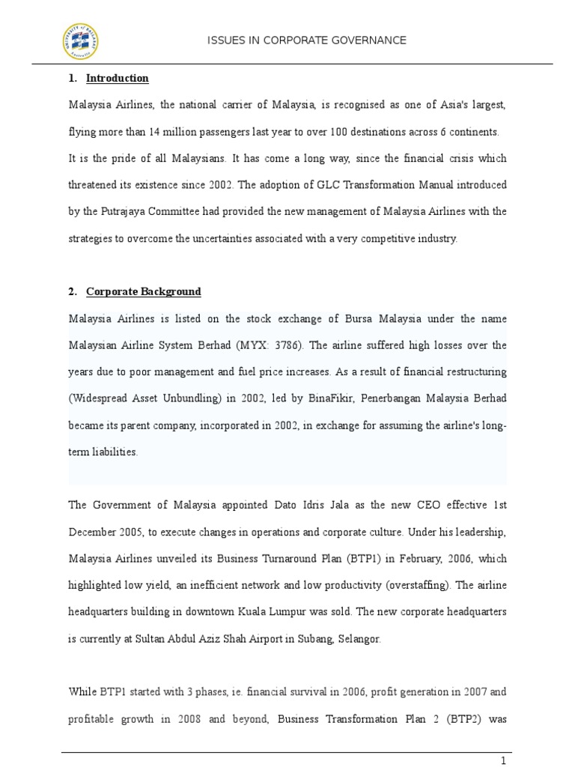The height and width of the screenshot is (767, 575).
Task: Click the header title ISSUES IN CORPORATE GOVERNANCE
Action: click(307, 40)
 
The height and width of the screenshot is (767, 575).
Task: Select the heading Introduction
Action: click(118, 78)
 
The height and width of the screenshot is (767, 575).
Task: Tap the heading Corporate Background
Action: click(144, 291)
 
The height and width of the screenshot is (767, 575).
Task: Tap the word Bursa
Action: click(337, 318)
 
